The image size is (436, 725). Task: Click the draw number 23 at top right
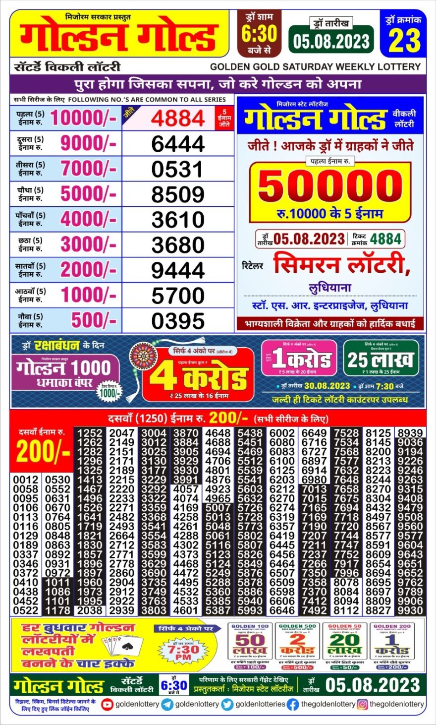(404, 41)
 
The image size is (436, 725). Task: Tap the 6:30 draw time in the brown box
(260, 34)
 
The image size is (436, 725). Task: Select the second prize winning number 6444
(178, 144)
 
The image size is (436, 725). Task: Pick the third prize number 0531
(178, 169)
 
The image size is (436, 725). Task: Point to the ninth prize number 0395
(178, 321)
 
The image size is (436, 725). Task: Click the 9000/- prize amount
(88, 143)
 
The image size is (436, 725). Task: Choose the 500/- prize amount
(94, 320)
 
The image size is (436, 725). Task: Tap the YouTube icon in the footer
(107, 704)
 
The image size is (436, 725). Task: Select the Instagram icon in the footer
(362, 704)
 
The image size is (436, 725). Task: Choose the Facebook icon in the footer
(293, 704)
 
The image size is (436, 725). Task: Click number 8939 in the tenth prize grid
(410, 433)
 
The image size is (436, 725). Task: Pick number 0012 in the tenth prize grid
(26, 480)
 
